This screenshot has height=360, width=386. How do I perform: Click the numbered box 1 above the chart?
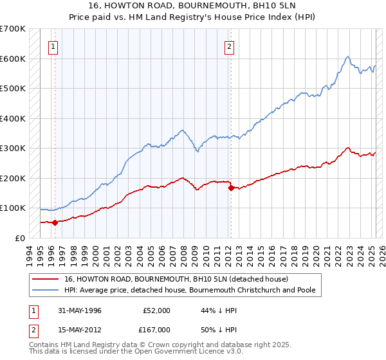tap(52, 46)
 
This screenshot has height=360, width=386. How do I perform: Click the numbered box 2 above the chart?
tap(229, 46)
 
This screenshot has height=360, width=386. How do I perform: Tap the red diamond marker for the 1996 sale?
tap(55, 223)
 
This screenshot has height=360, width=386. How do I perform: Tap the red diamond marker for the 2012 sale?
tap(231, 188)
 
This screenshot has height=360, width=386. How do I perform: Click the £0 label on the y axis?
tap(20, 238)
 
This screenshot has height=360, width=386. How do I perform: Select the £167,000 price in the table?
tap(158, 329)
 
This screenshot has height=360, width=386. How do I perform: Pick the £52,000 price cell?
tap(158, 310)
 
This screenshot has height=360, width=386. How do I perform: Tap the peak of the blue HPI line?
tap(347, 57)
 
